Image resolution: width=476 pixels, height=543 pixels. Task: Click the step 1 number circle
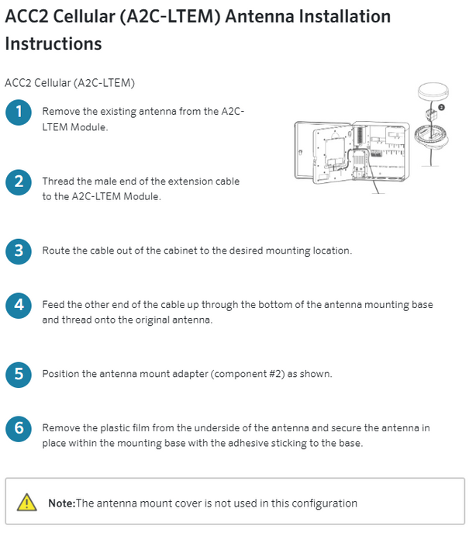[19, 112]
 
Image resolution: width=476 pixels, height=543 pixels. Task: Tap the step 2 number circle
[19, 182]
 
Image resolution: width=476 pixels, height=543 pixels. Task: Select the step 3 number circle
[19, 251]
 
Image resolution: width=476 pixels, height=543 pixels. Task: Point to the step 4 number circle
[19, 306]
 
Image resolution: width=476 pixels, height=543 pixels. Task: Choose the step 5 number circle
[19, 375]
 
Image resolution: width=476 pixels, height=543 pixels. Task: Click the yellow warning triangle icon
[27, 503]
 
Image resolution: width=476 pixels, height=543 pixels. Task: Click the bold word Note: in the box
[62, 503]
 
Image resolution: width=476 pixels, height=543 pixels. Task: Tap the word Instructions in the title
[53, 43]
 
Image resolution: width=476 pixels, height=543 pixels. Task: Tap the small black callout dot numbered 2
[441, 107]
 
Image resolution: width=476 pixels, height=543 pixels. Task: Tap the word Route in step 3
[57, 251]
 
